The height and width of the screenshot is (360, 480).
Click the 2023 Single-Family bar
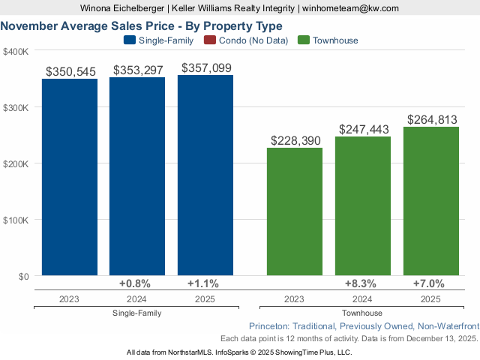click(69, 177)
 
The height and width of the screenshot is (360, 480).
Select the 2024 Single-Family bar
click(137, 176)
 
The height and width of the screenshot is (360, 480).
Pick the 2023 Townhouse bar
click(295, 211)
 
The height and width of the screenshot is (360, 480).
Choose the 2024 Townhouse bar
click(363, 206)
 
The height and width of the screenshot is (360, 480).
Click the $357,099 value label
click(205, 68)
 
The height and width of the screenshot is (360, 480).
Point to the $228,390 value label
click(295, 141)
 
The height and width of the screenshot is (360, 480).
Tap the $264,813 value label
click(431, 120)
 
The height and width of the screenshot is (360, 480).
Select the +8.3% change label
click(363, 284)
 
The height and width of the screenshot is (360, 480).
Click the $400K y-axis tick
click(16, 51)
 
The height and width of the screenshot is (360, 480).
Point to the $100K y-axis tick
click(16, 220)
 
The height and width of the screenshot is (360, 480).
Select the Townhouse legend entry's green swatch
click(304, 40)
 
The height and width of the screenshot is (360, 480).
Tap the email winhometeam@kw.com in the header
click(350, 8)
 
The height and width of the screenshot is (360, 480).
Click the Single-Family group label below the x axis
click(136, 313)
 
